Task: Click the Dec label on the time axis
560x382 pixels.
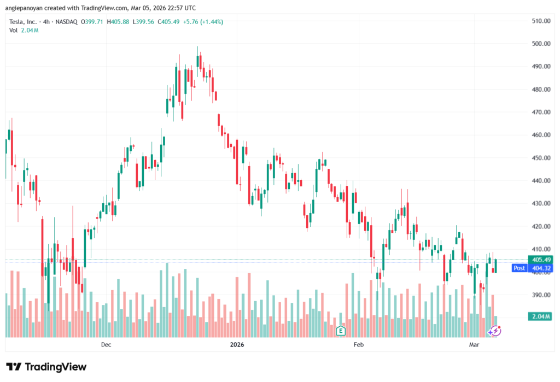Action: coord(106,345)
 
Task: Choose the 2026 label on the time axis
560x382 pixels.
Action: coord(237,345)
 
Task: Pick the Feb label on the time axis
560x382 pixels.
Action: coord(358,345)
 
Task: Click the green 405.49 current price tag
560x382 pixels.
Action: coord(539,260)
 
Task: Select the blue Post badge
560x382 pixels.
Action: coord(519,268)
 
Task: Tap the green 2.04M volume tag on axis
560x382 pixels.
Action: coord(539,316)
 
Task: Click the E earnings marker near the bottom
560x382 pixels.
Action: coord(341,331)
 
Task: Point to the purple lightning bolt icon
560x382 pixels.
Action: coord(494,331)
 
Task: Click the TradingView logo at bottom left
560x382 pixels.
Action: coord(46,367)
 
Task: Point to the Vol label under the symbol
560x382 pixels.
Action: coord(14,30)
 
